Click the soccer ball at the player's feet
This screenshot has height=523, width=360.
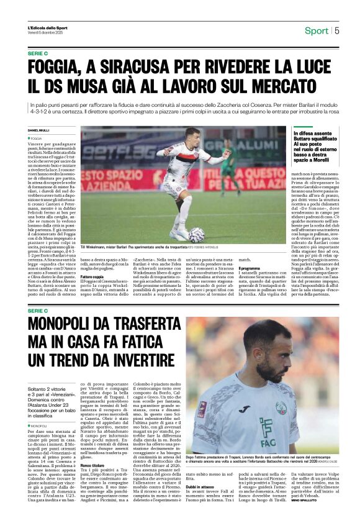[x=196, y=234]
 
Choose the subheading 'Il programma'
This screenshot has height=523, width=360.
[x=251, y=268]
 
